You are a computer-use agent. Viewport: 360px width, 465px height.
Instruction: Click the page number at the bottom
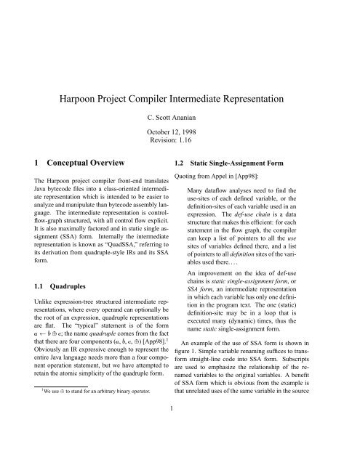coord(180,450)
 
